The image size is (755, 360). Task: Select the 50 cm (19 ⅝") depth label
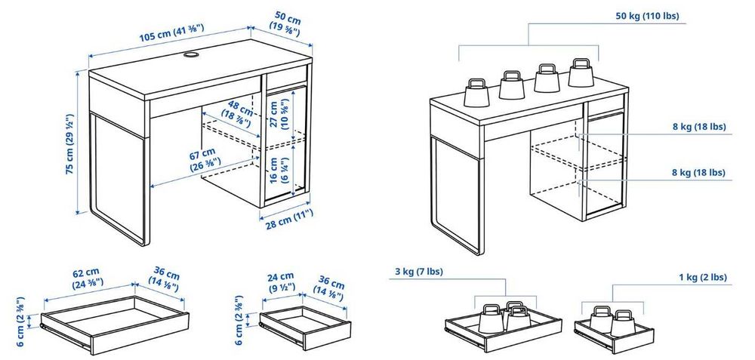pyautogui.click(x=285, y=23)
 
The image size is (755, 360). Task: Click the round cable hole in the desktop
pyautogui.click(x=190, y=55)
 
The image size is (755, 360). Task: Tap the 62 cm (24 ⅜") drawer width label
pyautogui.click(x=87, y=279)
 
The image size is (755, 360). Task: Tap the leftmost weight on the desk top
pyautogui.click(x=476, y=93)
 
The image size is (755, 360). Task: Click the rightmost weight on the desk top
pyautogui.click(x=581, y=74)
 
